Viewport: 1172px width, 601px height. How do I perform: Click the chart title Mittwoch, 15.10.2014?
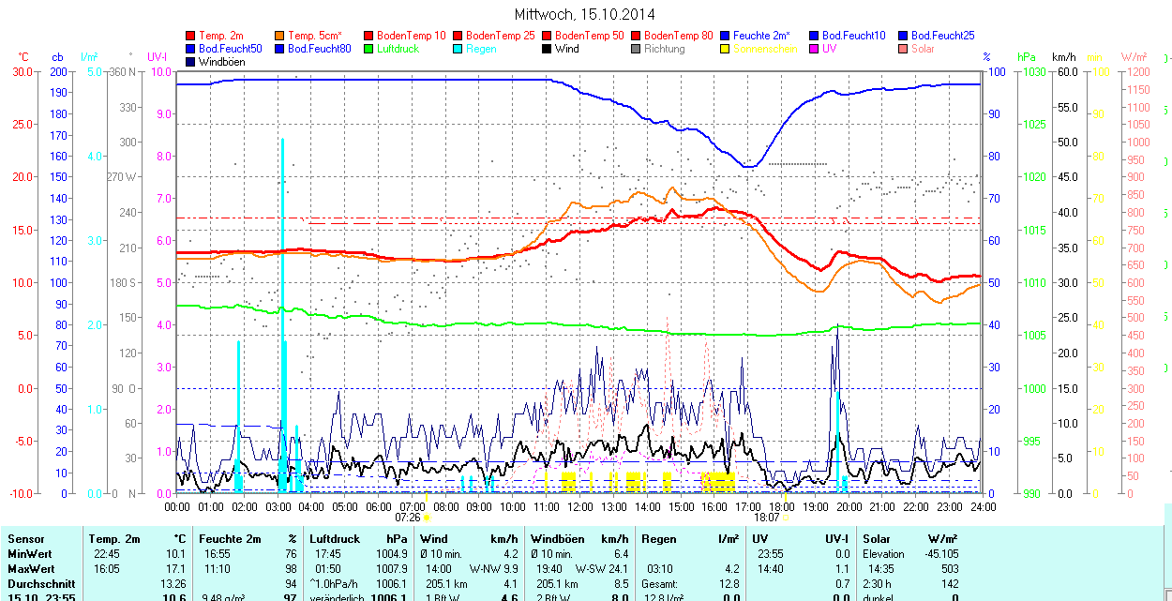tap(585, 14)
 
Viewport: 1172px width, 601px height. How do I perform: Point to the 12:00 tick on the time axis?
tap(580, 507)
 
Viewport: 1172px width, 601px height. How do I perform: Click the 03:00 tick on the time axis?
tap(278, 507)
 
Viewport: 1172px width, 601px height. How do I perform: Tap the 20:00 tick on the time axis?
tap(849, 507)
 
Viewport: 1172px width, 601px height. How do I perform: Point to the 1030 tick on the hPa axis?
tap(1033, 71)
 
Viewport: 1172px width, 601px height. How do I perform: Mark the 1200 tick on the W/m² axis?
tap(1136, 71)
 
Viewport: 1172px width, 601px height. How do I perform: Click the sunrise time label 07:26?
tap(408, 517)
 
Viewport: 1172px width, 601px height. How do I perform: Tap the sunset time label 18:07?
tap(766, 517)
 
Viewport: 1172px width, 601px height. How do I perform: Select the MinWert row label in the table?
tap(29, 554)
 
